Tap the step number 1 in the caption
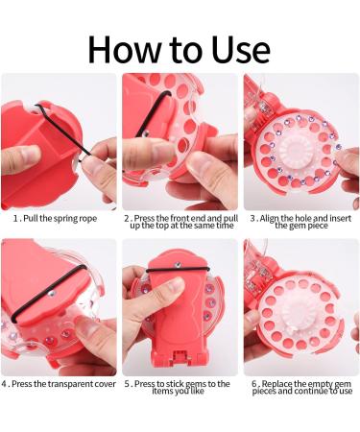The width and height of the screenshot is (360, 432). click(x=13, y=218)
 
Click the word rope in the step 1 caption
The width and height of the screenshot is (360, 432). click(x=98, y=218)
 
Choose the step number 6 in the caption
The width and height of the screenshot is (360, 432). click(x=254, y=384)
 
